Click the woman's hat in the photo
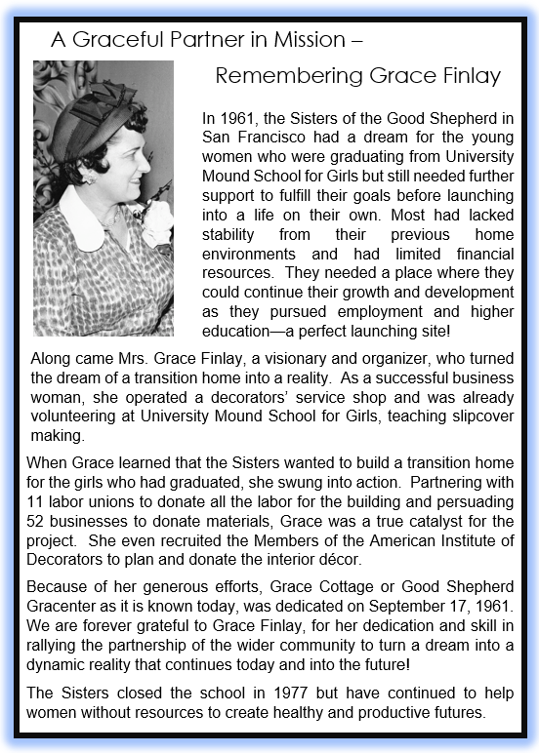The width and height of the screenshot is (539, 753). coord(93,122)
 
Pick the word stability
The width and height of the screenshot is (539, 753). coord(230,234)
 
